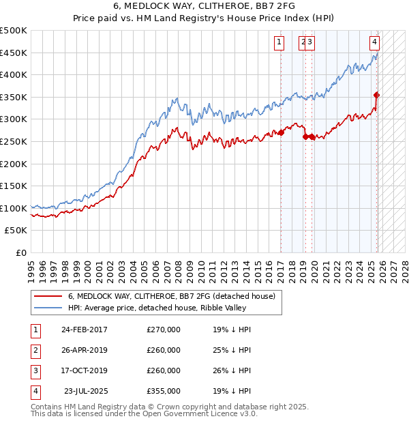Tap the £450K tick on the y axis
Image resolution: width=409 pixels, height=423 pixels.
point(14,53)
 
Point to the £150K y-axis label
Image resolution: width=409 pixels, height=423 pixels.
point(14,186)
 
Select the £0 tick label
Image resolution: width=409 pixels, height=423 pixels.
point(21,252)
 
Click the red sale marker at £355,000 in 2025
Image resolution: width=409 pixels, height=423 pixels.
point(377,95)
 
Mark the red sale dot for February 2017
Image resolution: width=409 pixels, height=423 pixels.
point(280,132)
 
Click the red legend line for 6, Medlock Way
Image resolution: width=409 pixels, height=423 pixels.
point(47,297)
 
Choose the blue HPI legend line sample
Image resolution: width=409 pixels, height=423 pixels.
point(47,308)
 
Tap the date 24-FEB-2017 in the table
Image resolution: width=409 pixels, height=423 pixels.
point(84,330)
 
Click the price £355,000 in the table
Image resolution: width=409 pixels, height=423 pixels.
point(164,391)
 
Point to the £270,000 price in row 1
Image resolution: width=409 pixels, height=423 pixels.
point(164,330)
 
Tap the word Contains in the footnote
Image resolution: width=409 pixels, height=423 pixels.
point(47,407)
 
